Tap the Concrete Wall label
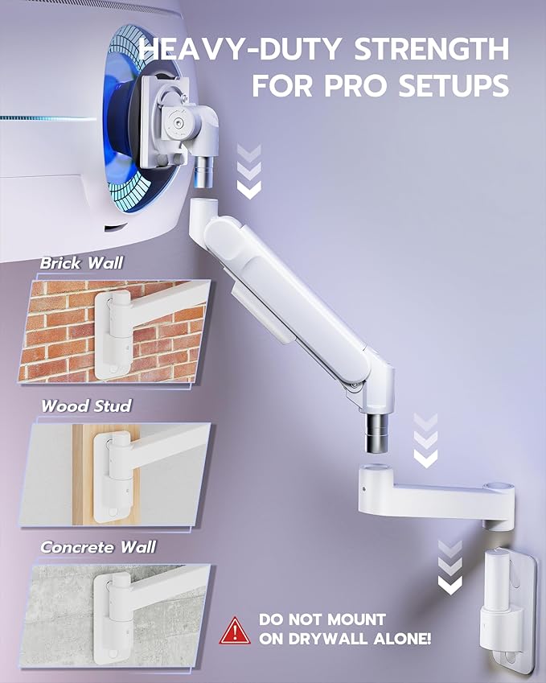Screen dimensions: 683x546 pos(98,547)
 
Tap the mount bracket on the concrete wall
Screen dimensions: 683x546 pos(112,615)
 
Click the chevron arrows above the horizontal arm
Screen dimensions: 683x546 pos(425,441)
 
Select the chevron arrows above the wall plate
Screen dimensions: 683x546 pos(450,568)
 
